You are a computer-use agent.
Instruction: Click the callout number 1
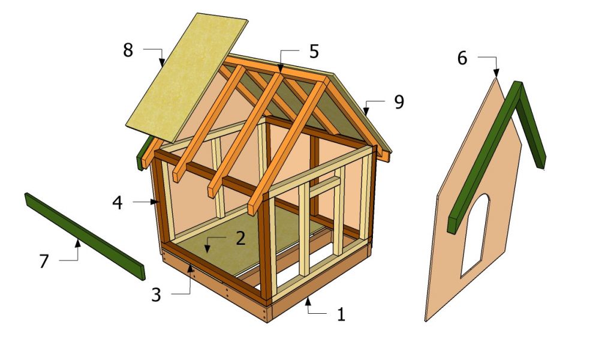pyautogui.click(x=341, y=314)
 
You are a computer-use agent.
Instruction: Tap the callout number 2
pyautogui.click(x=240, y=238)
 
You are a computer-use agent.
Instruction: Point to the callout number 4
pyautogui.click(x=118, y=203)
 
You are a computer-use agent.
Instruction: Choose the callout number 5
pyautogui.click(x=314, y=52)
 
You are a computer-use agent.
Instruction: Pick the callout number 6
pyautogui.click(x=462, y=58)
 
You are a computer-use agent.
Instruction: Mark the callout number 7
pyautogui.click(x=44, y=261)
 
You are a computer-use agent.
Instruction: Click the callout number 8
pyautogui.click(x=128, y=50)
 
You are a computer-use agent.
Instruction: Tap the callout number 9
pyautogui.click(x=399, y=102)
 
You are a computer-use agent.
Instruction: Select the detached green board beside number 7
pyautogui.click(x=85, y=236)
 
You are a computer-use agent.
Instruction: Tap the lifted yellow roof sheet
pyautogui.click(x=187, y=77)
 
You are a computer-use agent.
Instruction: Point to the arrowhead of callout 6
pyautogui.click(x=496, y=73)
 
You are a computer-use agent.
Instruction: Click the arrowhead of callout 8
pyautogui.click(x=162, y=62)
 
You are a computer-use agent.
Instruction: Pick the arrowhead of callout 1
pyautogui.click(x=308, y=301)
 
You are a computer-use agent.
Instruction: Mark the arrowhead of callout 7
pyautogui.click(x=78, y=244)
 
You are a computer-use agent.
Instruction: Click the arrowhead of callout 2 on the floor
pyautogui.click(x=207, y=248)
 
